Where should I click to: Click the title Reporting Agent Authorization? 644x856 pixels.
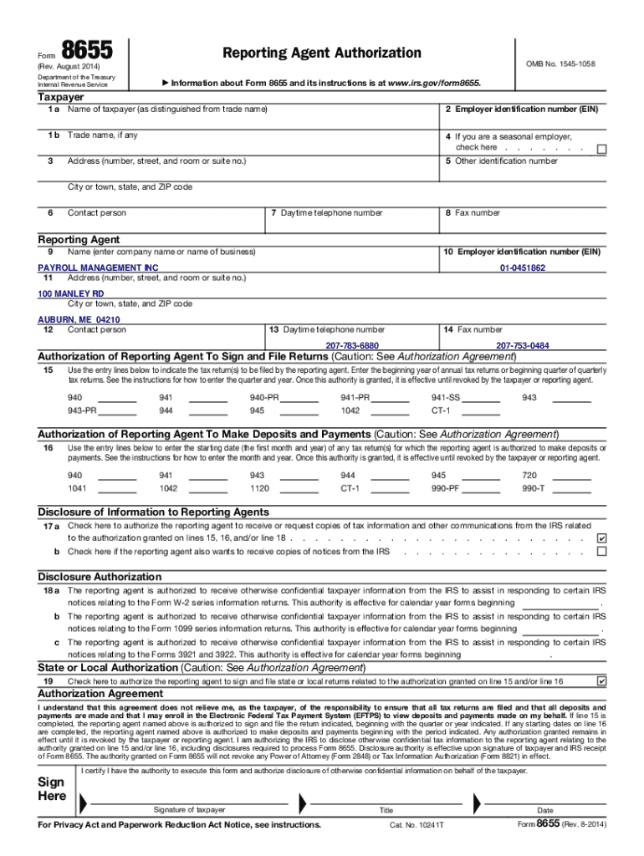(x=322, y=53)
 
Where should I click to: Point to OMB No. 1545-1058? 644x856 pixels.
(x=560, y=64)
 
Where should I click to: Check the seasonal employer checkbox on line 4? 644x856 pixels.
(x=601, y=149)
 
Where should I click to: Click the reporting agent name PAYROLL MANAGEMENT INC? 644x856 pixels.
(x=99, y=267)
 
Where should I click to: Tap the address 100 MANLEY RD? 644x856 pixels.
(x=71, y=293)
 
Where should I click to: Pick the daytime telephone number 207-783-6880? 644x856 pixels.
(x=352, y=345)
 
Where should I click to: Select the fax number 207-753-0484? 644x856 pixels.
(x=523, y=345)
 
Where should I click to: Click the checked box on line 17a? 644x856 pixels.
(x=601, y=538)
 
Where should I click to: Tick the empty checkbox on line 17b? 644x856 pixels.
(x=601, y=552)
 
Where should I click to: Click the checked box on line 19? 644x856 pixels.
(x=601, y=681)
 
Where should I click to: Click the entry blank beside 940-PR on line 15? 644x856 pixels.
(x=299, y=400)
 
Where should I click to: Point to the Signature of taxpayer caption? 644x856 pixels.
(x=189, y=809)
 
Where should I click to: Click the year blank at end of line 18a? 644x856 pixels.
(x=560, y=604)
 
